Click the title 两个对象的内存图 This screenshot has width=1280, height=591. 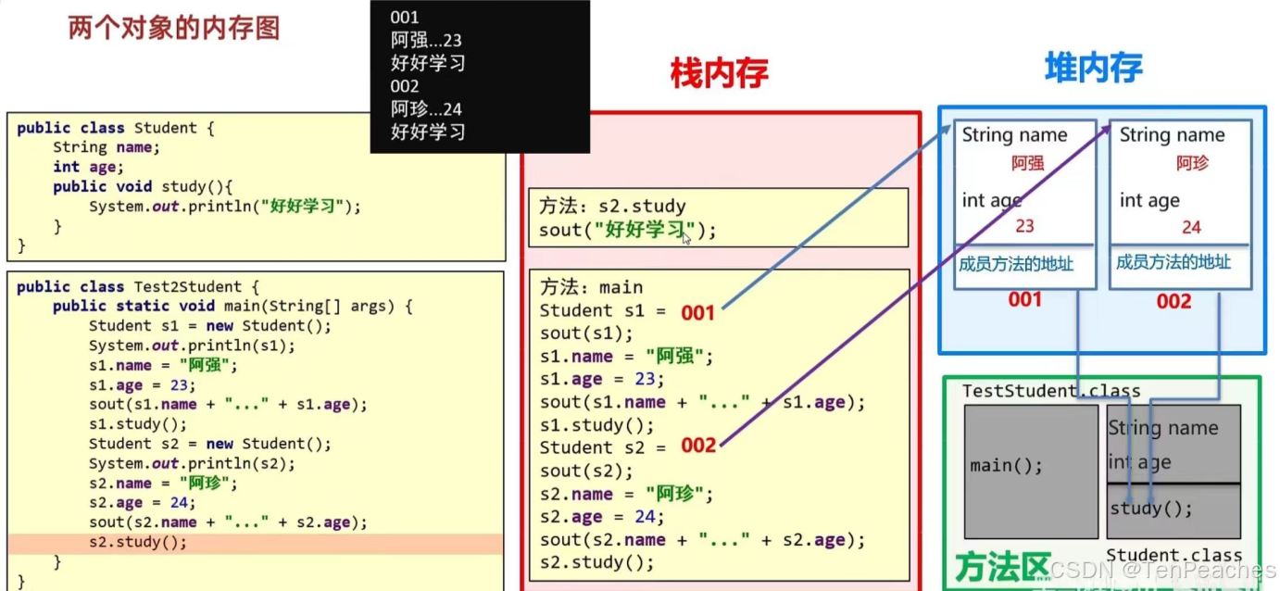pyautogui.click(x=174, y=29)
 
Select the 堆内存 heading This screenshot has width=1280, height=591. pyautogui.click(x=1093, y=67)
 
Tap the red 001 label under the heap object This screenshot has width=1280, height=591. pyautogui.click(x=1025, y=300)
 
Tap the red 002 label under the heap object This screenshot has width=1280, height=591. pyautogui.click(x=1173, y=301)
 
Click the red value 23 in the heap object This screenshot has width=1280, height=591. pyautogui.click(x=1024, y=226)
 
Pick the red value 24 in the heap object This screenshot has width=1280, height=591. pyautogui.click(x=1191, y=227)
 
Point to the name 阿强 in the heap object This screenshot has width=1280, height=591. pyautogui.click(x=1027, y=164)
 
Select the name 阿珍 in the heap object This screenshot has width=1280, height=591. pyautogui.click(x=1192, y=164)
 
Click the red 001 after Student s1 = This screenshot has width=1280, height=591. pyautogui.click(x=698, y=313)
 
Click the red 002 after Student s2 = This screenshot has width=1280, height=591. pyautogui.click(x=698, y=446)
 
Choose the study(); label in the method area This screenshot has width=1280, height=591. pyautogui.click(x=1151, y=509)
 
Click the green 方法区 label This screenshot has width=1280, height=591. pyautogui.click(x=1003, y=567)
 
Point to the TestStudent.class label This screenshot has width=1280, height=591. pyautogui.click(x=1051, y=391)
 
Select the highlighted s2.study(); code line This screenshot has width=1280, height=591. pyautogui.click(x=138, y=543)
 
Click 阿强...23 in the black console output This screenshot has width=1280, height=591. pyautogui.click(x=426, y=41)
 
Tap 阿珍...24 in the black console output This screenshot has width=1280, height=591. pyautogui.click(x=426, y=109)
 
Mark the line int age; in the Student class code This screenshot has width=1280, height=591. pyautogui.click(x=84, y=167)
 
